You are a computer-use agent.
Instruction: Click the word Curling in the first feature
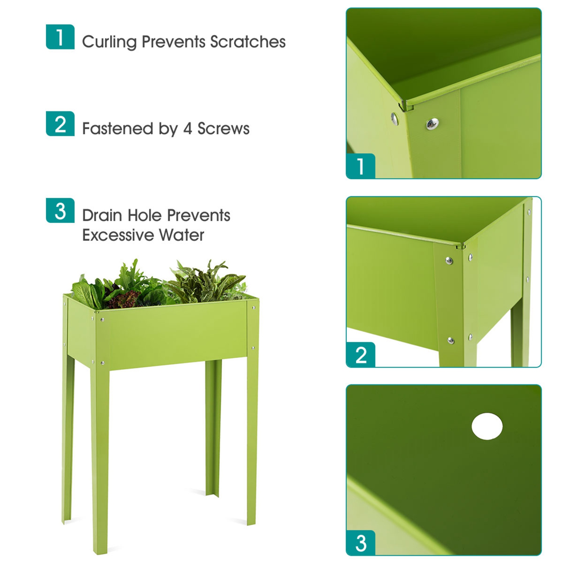click(x=109, y=42)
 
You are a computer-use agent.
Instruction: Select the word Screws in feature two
click(x=223, y=129)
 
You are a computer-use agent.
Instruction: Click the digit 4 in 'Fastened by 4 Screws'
click(x=187, y=129)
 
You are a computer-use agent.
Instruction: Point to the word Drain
click(x=102, y=215)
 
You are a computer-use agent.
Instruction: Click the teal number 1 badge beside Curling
click(x=60, y=37)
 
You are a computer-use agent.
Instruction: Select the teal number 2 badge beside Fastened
click(x=60, y=123)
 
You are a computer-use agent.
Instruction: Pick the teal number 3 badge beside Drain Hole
click(x=60, y=211)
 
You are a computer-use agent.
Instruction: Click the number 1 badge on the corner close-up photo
click(x=361, y=166)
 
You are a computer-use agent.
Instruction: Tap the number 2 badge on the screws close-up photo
click(x=361, y=355)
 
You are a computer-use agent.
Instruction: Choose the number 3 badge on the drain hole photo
click(x=361, y=543)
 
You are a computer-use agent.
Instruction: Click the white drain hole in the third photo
click(x=487, y=426)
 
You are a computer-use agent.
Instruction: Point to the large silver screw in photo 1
click(x=432, y=123)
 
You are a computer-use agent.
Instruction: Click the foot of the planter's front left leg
click(x=100, y=550)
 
